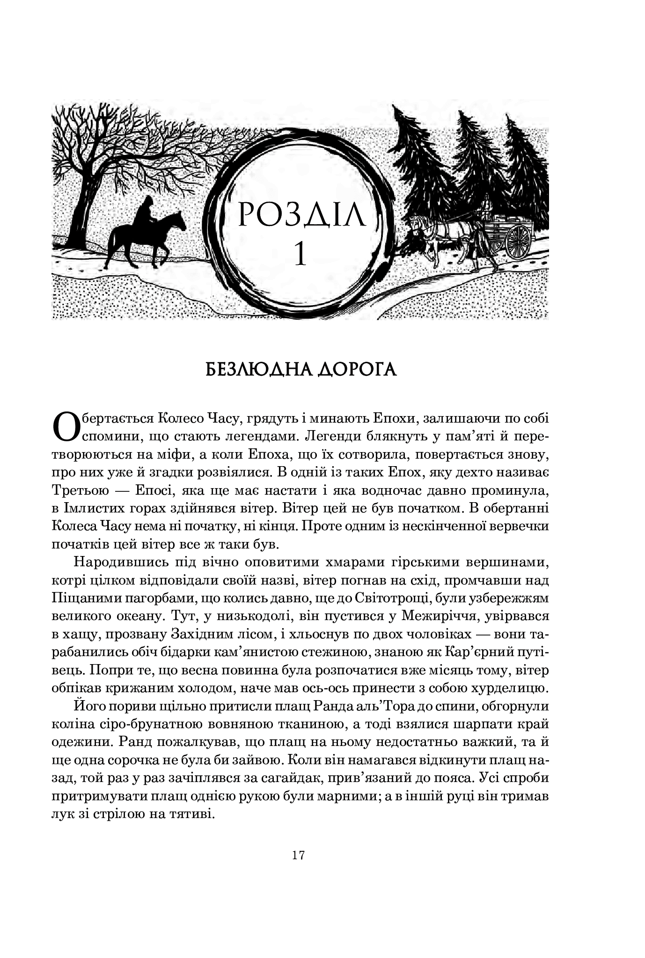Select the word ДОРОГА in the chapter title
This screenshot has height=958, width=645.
(x=357, y=369)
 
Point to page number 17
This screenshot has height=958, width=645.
(x=299, y=856)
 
